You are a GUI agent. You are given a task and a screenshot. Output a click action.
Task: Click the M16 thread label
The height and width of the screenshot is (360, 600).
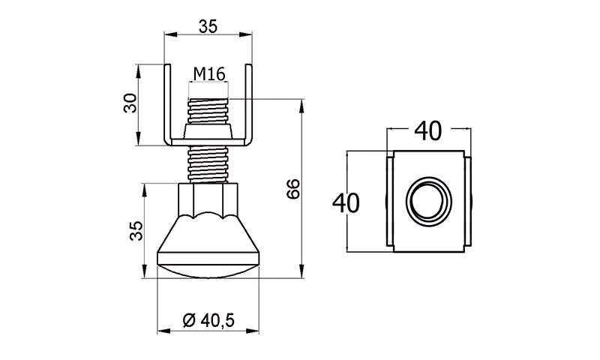pos(209,74)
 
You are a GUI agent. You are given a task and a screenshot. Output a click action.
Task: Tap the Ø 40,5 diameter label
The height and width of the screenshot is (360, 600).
pos(208,320)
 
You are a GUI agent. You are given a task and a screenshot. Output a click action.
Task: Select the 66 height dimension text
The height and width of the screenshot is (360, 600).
pos(293,188)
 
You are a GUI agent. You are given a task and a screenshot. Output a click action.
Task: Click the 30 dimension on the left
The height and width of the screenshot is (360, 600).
pos(130,103)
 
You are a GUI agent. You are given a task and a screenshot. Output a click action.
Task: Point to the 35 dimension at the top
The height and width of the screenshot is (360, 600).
pos(208,26)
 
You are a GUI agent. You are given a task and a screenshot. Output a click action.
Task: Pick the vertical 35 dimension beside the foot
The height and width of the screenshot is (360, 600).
pos(136,231)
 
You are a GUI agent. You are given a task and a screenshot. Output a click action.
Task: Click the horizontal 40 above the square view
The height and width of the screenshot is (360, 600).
pos(428,130)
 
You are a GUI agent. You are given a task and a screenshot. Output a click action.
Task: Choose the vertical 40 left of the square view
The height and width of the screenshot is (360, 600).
pos(346,203)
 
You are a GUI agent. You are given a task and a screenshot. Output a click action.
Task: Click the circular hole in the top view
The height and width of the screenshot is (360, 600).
pos(429,201)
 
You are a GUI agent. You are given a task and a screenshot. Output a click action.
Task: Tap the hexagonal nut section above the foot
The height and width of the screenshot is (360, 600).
pos(208,200)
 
